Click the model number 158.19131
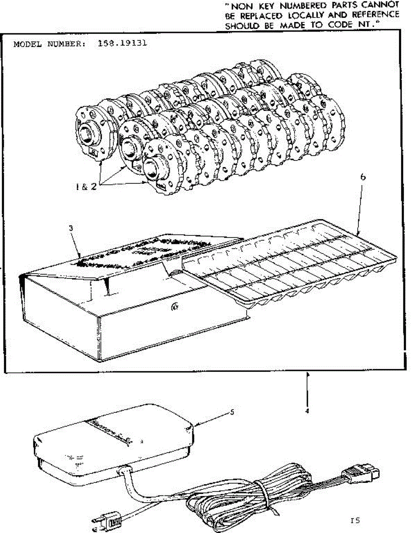[121, 44]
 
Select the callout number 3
[71, 228]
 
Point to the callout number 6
[363, 176]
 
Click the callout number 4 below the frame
[307, 411]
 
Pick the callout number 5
[231, 412]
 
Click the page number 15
[354, 521]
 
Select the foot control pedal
[116, 442]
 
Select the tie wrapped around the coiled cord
[263, 498]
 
